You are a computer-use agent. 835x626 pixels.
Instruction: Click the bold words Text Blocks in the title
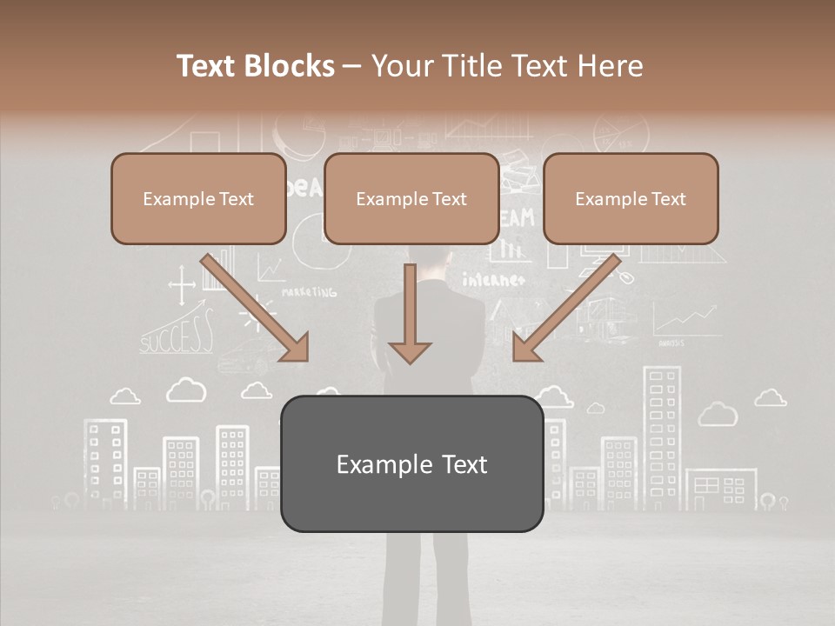[256, 66]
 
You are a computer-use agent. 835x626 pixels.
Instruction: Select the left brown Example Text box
[198, 199]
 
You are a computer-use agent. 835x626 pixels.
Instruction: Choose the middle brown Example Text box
[411, 199]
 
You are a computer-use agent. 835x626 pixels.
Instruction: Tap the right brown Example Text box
[631, 199]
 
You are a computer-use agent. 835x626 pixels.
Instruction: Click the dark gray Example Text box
[411, 464]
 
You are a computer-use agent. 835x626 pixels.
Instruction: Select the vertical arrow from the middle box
[410, 313]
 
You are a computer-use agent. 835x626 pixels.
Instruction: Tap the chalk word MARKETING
[309, 293]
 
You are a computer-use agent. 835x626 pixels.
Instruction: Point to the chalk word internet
[493, 280]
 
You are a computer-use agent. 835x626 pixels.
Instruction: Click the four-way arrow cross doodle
[182, 286]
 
